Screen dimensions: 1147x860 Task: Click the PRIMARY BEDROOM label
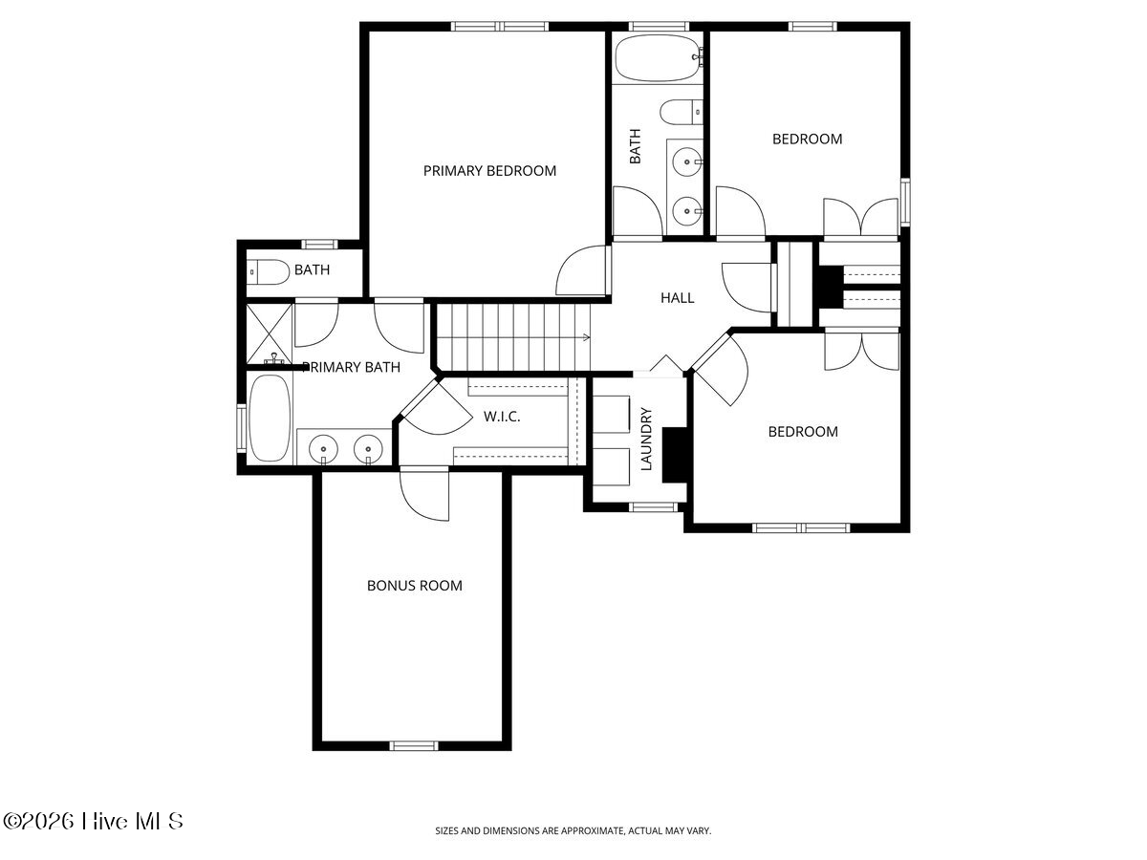coord(489,171)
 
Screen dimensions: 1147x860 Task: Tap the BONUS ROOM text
coord(415,586)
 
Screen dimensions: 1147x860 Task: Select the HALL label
coord(678,297)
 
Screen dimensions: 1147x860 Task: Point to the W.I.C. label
coord(502,417)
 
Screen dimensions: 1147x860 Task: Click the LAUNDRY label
coord(646,440)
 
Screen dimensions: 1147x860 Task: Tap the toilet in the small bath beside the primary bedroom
coord(268,272)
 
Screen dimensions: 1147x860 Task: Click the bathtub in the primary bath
coord(270,419)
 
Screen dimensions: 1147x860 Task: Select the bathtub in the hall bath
coord(658,58)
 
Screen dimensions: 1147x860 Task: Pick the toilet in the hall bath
coord(681,112)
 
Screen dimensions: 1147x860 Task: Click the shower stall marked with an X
coord(270,333)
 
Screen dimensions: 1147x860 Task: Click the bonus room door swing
coord(424,494)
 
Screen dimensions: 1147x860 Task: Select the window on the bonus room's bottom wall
coord(414,745)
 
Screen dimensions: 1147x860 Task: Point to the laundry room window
coord(653,507)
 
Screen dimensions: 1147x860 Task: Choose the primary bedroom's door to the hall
coord(583,271)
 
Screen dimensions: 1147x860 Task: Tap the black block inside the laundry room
coord(674,455)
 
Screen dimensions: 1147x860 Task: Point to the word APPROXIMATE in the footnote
coord(594,830)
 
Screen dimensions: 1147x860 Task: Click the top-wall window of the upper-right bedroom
coord(812,27)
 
